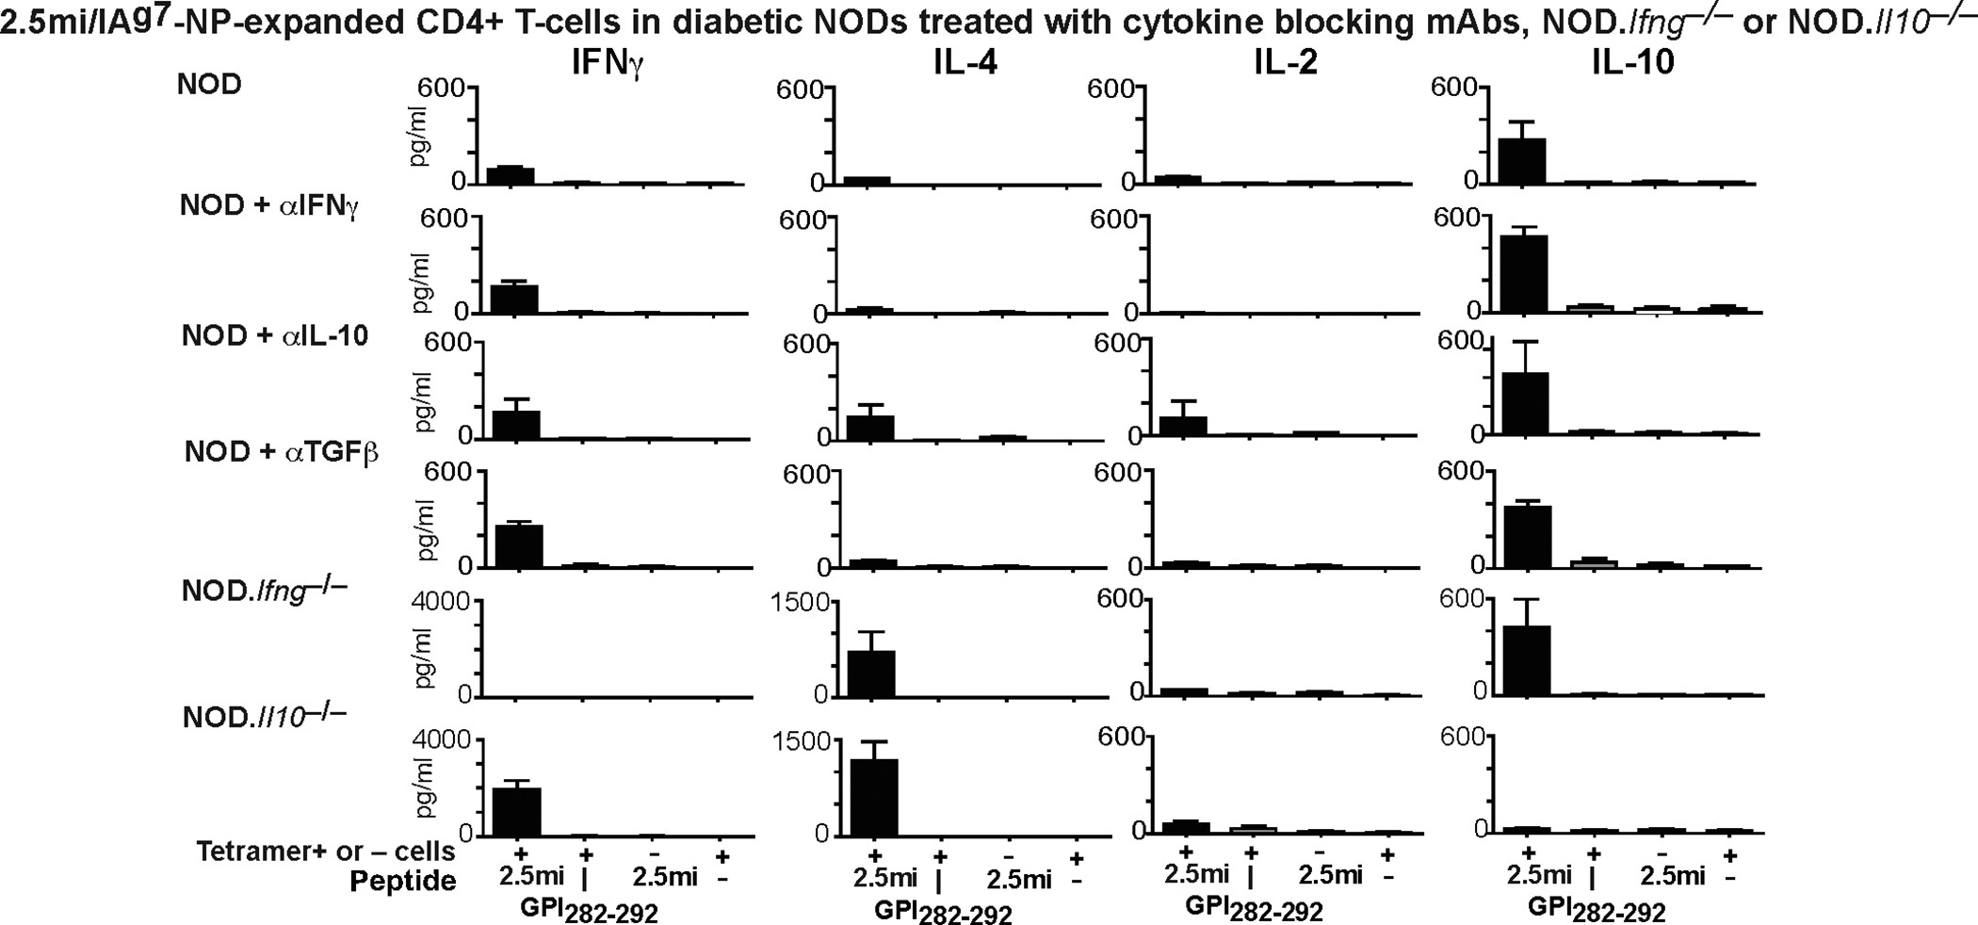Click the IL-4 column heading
pos(962,62)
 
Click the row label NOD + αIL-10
pos(275,337)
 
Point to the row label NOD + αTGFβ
pos(281,453)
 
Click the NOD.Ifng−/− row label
pos(264,592)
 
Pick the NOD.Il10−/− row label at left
pos(264,717)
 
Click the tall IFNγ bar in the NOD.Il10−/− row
pos(516,811)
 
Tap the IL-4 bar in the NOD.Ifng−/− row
pos(871,673)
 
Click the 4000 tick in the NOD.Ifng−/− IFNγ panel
pos(443,602)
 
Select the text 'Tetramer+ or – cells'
pos(326,852)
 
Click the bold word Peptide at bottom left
pos(403,882)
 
